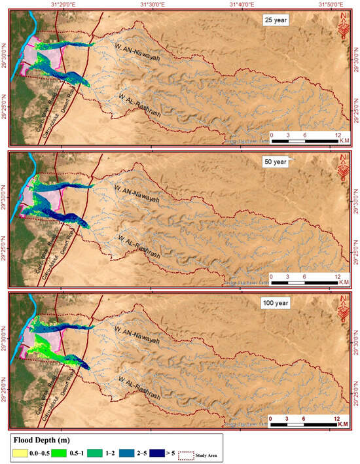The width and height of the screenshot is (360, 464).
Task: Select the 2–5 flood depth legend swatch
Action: [x=135, y=450]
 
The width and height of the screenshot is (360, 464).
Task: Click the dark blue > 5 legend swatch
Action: [x=171, y=450]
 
